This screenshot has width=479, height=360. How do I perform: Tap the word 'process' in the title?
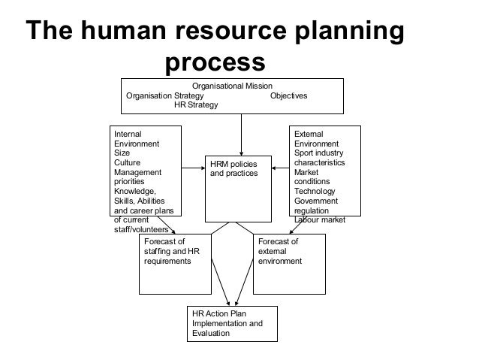(215, 64)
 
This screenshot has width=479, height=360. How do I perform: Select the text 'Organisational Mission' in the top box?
(232, 86)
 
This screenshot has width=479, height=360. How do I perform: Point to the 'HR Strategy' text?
(196, 105)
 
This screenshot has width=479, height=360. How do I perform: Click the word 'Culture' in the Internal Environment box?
(126, 162)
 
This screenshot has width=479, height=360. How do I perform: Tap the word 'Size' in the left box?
(121, 153)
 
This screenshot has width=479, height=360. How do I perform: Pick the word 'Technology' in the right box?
(315, 192)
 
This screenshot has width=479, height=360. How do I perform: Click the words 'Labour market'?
(320, 220)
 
